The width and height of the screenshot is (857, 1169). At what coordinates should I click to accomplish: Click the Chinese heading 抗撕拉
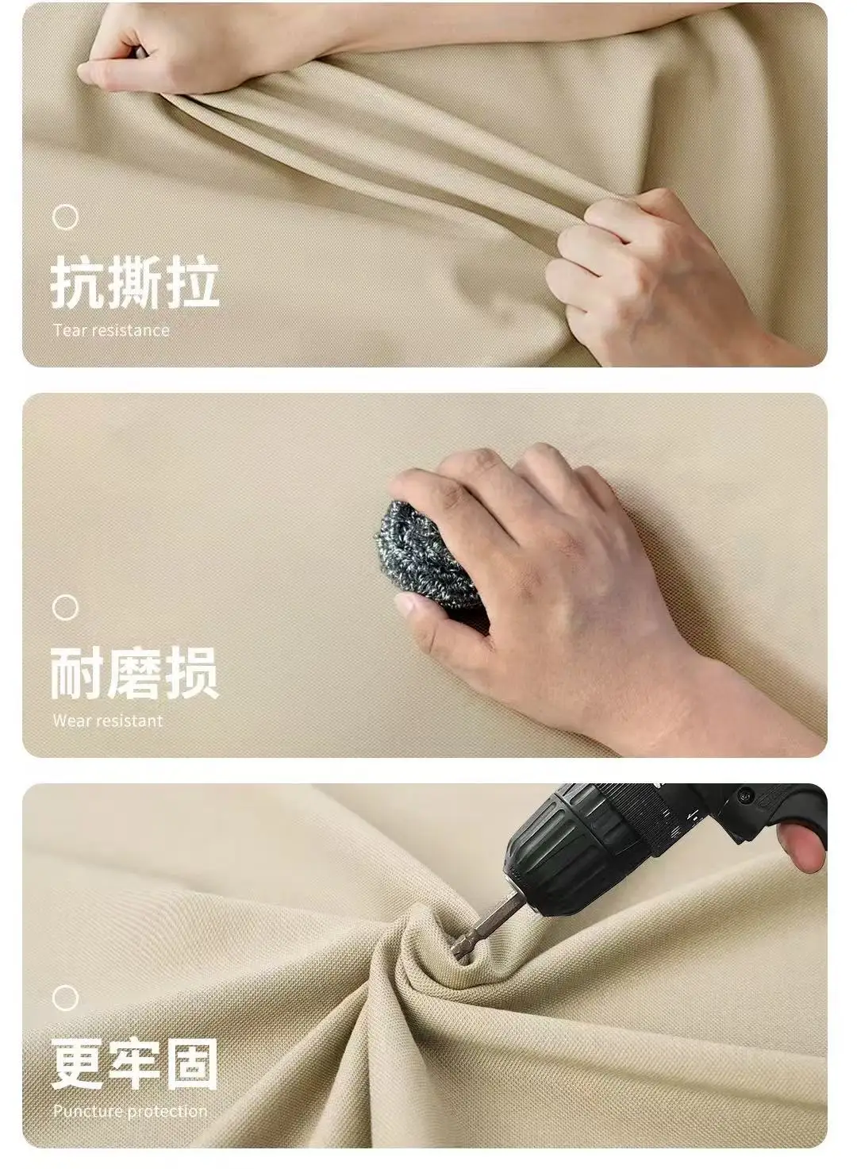(135, 283)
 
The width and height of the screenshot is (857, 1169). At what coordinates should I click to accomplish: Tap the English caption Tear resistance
(111, 330)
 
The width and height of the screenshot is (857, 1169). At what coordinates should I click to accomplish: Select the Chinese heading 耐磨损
(134, 674)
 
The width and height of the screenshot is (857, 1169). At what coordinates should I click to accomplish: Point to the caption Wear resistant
(107, 721)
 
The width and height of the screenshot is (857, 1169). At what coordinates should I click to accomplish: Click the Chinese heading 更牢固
(134, 1063)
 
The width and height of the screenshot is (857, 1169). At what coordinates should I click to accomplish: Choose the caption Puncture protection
(130, 1111)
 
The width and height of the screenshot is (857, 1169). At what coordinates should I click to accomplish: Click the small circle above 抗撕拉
(65, 217)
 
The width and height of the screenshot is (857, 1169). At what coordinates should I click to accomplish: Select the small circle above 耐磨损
(65, 608)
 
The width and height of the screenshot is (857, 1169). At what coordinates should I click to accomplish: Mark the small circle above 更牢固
(65, 998)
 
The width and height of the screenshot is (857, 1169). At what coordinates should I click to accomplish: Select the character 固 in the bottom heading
(191, 1063)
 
